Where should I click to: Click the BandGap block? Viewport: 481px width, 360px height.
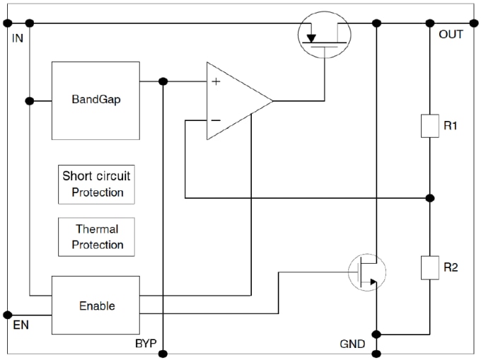coord(95,100)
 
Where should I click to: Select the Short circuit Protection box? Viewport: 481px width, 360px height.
coord(97,183)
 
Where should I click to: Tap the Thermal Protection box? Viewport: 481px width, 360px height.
coord(97,237)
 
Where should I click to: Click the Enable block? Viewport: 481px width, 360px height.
coord(95,306)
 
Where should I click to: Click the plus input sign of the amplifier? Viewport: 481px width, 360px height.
coord(216,82)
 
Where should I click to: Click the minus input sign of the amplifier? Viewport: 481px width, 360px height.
coord(216,120)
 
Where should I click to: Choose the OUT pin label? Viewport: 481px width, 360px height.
coord(451,35)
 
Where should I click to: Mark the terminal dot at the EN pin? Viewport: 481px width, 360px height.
coord(8,315)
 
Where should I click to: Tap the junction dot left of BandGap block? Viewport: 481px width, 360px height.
coord(29,100)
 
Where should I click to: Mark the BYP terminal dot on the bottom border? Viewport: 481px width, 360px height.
coord(163,352)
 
